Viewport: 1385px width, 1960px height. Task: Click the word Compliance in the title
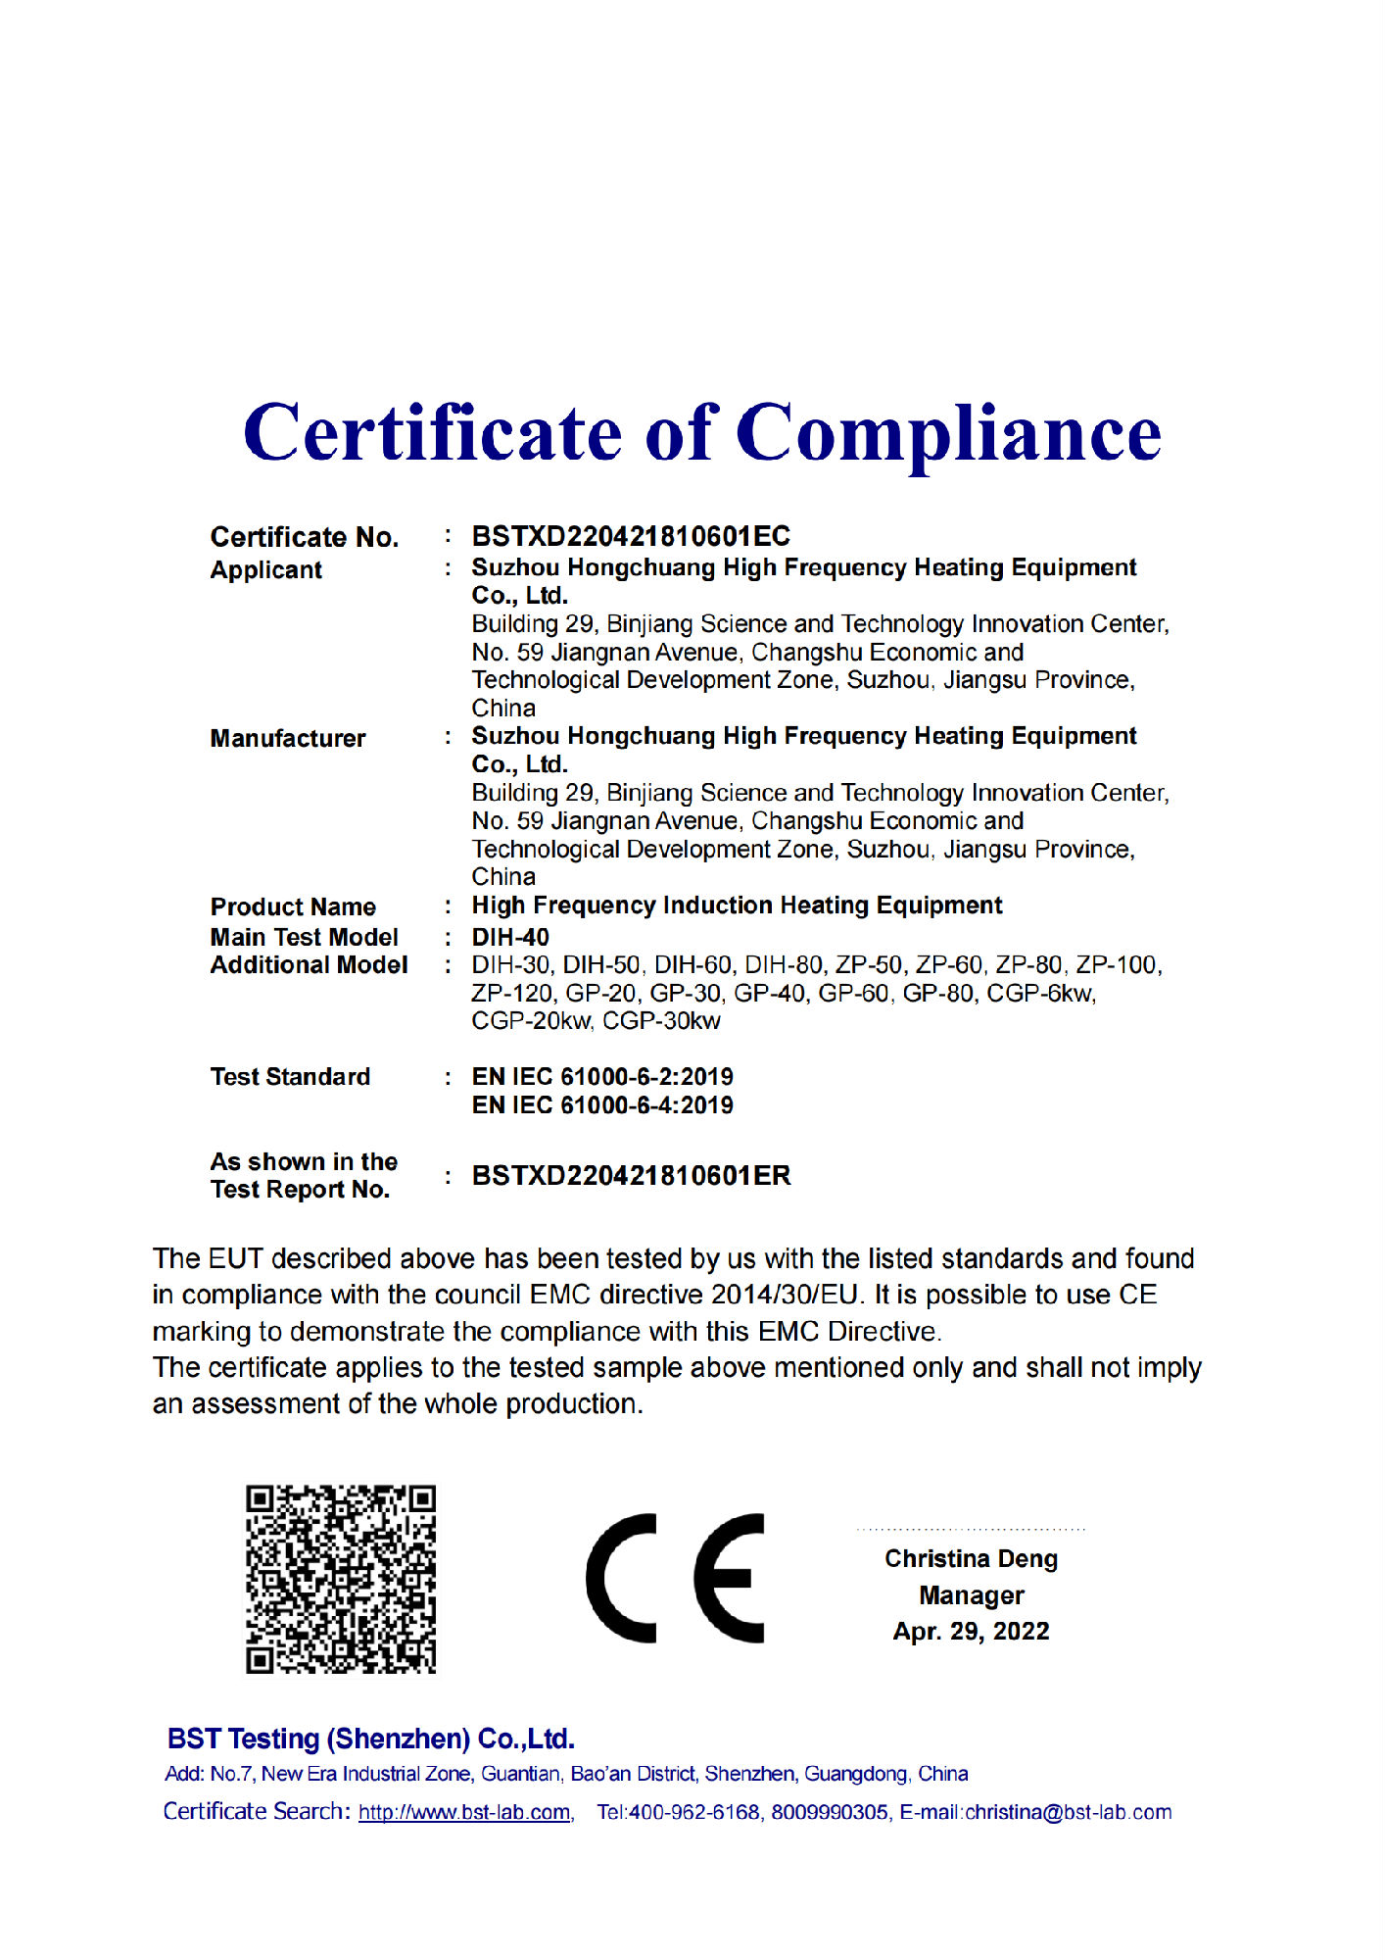coord(948,434)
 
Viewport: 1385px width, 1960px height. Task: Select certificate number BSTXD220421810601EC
coord(631,536)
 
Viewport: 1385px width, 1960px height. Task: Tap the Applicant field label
coord(265,570)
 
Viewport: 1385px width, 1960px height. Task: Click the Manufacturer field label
coord(288,738)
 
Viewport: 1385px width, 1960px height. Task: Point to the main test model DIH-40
coord(510,937)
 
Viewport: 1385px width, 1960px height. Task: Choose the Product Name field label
coord(293,906)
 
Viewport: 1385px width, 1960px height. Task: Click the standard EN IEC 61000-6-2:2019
coord(602,1076)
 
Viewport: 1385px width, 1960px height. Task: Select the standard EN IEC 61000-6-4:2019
coord(602,1105)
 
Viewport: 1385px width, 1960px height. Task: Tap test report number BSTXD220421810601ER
coord(631,1176)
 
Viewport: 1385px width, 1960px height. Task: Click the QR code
coord(340,1579)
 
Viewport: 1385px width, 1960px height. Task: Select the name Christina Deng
coord(971,1558)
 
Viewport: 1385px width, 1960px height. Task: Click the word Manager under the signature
coord(971,1595)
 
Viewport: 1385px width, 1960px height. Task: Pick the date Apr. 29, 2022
coord(971,1632)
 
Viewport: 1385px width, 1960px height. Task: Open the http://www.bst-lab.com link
coord(464,1812)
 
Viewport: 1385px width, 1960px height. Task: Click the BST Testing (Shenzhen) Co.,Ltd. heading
coord(371,1739)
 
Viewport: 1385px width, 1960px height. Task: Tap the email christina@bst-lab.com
coord(1069,1812)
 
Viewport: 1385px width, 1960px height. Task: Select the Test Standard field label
coord(290,1077)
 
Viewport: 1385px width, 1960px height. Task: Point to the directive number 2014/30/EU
coord(786,1295)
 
